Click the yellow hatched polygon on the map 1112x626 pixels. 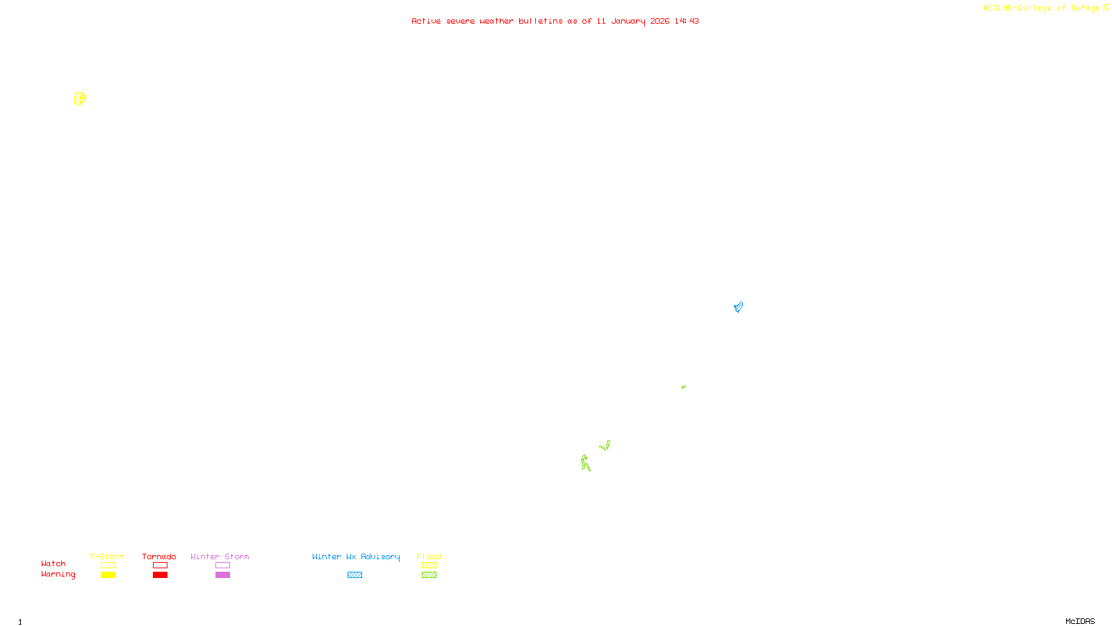pyautogui.click(x=79, y=99)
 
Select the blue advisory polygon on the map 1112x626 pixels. pyautogui.click(x=738, y=307)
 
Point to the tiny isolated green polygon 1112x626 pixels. pyautogui.click(x=683, y=387)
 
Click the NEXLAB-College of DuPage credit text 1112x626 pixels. pyautogui.click(x=1041, y=8)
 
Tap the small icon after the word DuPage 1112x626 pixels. pyautogui.click(x=1106, y=8)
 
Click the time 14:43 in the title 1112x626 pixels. pyautogui.click(x=686, y=21)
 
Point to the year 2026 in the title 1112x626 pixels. pyautogui.click(x=660, y=21)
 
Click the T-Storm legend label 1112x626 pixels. pyautogui.click(x=107, y=556)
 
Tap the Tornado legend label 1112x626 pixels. pyautogui.click(x=159, y=556)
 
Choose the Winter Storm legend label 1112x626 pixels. pyautogui.click(x=220, y=556)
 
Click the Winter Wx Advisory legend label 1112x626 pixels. pyautogui.click(x=356, y=556)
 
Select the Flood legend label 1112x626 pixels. pyautogui.click(x=429, y=556)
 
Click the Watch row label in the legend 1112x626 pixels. pyautogui.click(x=54, y=563)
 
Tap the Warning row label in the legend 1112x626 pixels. pyautogui.click(x=58, y=575)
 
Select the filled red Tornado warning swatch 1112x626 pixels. pyautogui.click(x=160, y=575)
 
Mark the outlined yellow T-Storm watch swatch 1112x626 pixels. pyautogui.click(x=108, y=565)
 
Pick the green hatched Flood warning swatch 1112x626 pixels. pyautogui.click(x=429, y=575)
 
